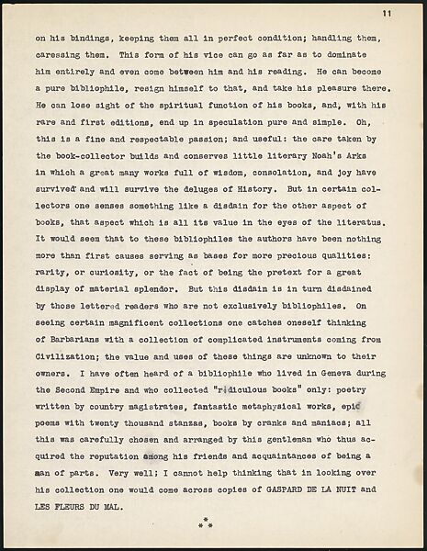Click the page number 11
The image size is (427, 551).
(388, 13)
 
